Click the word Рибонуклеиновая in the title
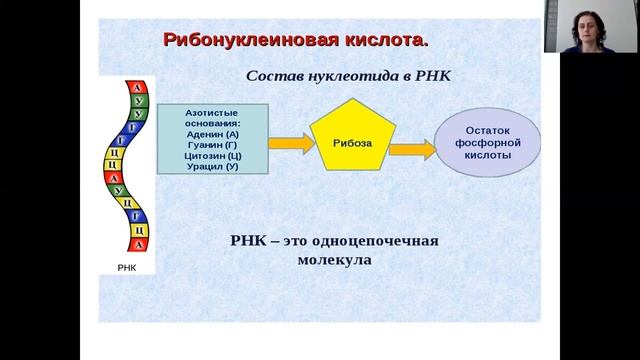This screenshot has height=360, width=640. coord(241,41)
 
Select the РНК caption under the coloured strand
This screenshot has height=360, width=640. coord(127,267)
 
